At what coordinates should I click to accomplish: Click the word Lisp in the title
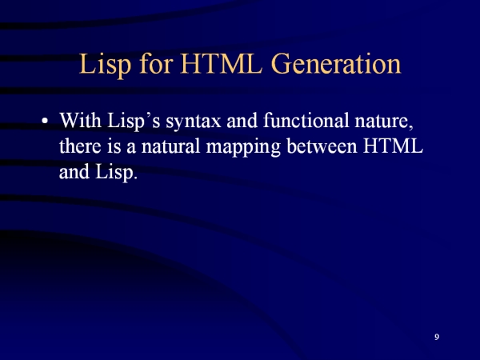(x=106, y=64)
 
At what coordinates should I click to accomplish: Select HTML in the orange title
(x=222, y=63)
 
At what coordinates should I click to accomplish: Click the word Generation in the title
(x=336, y=63)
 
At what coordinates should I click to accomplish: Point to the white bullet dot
(x=45, y=121)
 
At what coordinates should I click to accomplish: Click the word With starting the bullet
(x=80, y=120)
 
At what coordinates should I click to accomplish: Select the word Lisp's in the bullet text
(x=134, y=122)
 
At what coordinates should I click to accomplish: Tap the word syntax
(x=194, y=122)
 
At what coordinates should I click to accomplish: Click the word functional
(x=306, y=120)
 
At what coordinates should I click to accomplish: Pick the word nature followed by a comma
(x=384, y=122)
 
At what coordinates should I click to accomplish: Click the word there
(x=80, y=146)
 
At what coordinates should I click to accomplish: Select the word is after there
(x=114, y=146)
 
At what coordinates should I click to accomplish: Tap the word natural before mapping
(x=171, y=146)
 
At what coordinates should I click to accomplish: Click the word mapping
(x=243, y=147)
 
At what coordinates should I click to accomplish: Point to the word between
(x=322, y=146)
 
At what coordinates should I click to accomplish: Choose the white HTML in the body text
(x=394, y=146)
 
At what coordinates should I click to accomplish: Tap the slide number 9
(x=437, y=337)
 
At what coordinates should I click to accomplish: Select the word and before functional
(x=242, y=120)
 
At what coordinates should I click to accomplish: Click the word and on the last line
(x=74, y=171)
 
